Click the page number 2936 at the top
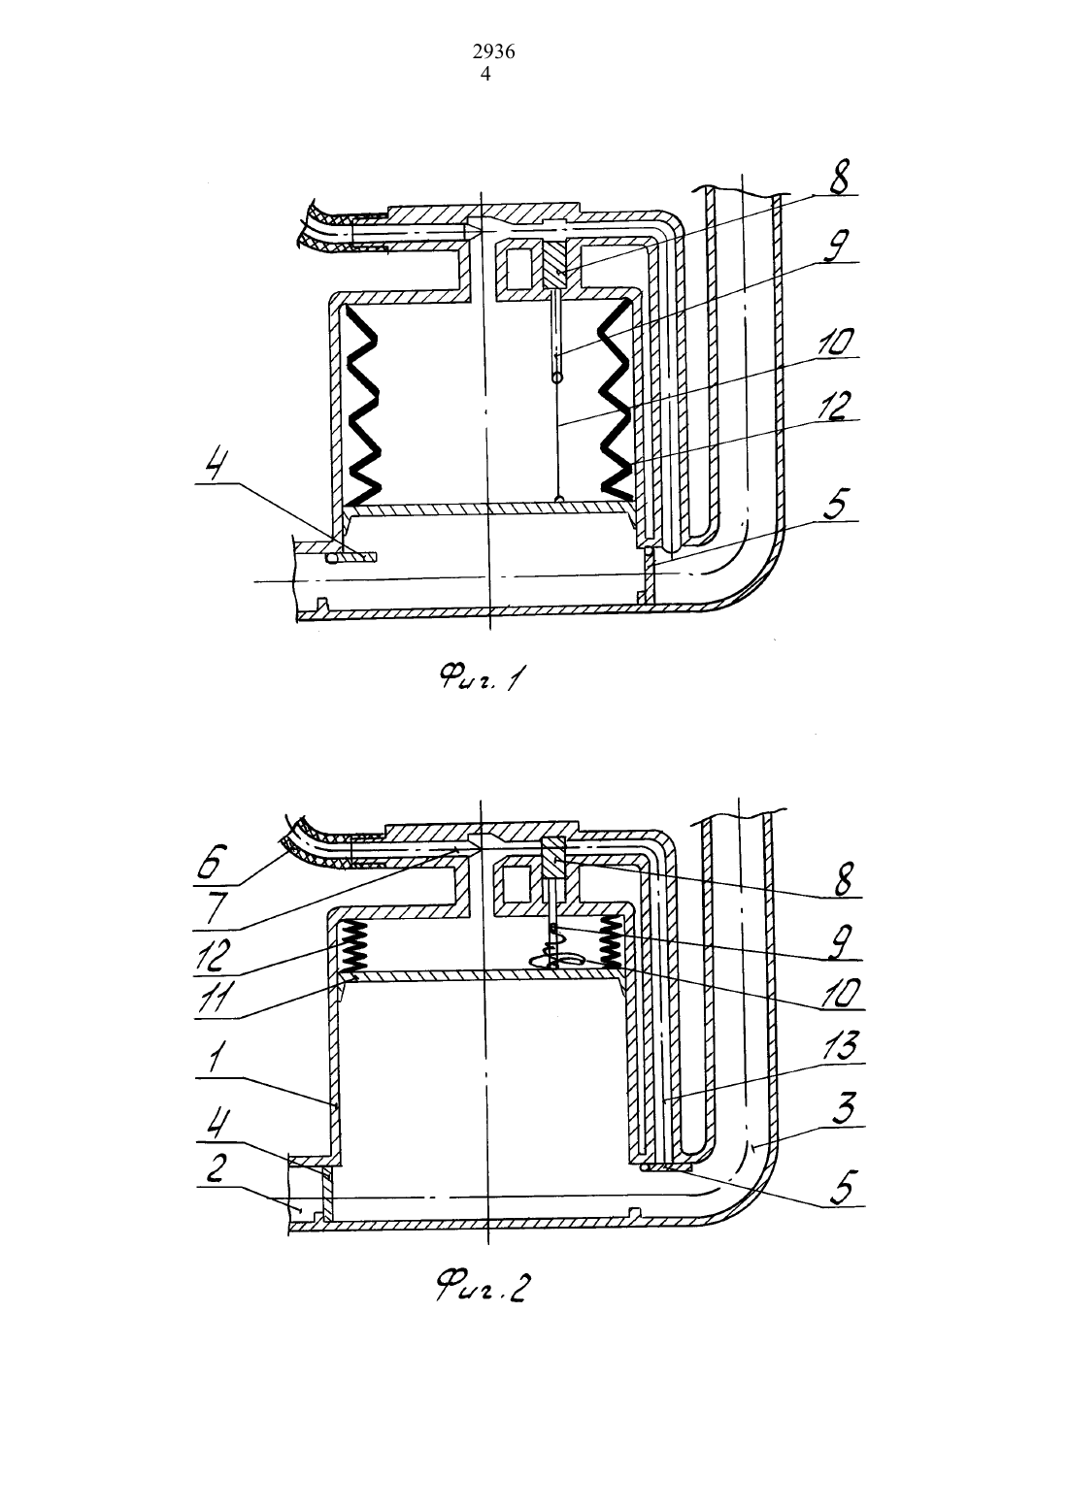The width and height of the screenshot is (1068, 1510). point(493,52)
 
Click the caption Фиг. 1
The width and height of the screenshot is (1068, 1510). point(483,676)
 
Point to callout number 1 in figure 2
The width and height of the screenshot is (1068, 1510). point(215,1057)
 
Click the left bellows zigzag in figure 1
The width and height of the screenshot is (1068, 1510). point(362,405)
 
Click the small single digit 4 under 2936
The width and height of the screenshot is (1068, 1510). point(485,74)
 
